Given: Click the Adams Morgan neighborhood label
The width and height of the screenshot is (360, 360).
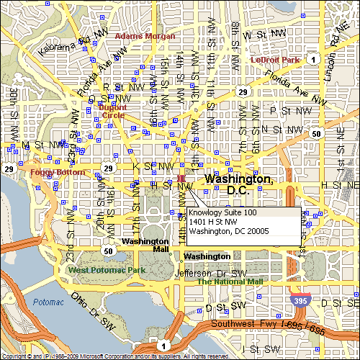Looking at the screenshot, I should pos(145,35).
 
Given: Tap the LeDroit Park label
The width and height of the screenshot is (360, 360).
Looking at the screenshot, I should pos(274,60).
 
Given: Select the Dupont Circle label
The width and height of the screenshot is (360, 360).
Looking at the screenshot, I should pos(112,112).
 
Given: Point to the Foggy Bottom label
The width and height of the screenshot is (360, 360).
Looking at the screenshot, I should pos(52,173).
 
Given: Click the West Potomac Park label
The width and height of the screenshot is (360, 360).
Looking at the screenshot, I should pos(107,270).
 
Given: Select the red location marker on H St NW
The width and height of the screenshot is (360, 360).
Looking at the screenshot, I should pos(181,178).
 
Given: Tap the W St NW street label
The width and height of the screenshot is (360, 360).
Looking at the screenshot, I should pos(264,34).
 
